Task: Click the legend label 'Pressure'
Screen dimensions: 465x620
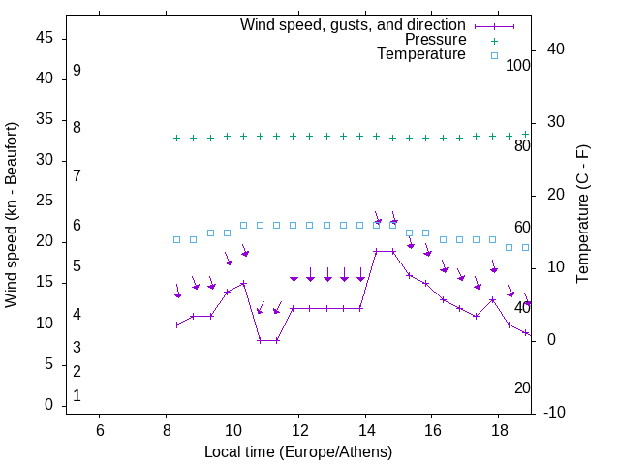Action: [x=436, y=40]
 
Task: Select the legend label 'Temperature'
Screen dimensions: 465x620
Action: [x=421, y=54]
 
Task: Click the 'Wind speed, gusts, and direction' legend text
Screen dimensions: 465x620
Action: [x=354, y=24]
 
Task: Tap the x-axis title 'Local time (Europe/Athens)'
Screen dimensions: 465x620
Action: [x=298, y=452]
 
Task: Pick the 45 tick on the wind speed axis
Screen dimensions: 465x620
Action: [x=45, y=38]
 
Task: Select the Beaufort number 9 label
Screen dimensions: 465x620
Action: [x=77, y=71]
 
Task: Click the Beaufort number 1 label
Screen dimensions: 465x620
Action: [x=77, y=395]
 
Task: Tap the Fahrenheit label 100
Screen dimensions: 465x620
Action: [x=518, y=65]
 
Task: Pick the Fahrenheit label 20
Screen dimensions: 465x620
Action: [x=522, y=387]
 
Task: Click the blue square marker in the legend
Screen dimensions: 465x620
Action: [x=494, y=55]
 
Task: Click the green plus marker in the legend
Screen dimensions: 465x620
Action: [x=494, y=40]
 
